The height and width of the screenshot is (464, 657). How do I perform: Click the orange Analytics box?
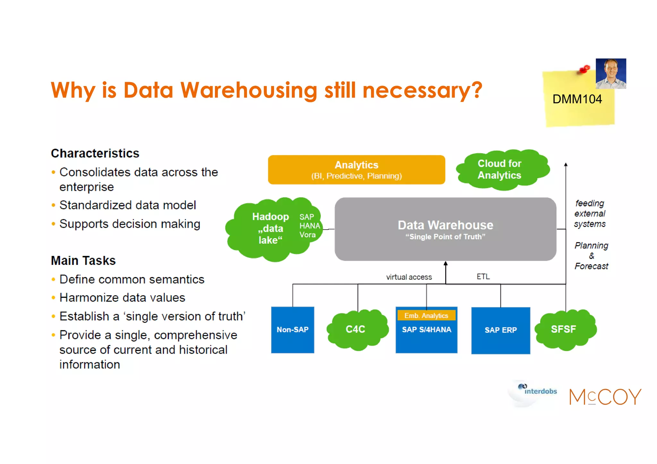(x=356, y=170)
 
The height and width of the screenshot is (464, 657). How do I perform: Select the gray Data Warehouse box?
(x=445, y=229)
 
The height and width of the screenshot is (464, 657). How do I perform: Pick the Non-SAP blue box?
(x=293, y=330)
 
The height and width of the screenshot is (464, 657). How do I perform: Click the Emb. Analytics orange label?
(x=426, y=316)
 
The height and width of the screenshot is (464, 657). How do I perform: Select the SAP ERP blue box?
(x=500, y=330)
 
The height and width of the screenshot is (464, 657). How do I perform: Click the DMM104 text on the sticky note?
(x=577, y=99)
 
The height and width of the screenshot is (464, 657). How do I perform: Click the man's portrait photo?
(x=611, y=73)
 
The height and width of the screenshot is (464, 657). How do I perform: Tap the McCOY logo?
(x=605, y=397)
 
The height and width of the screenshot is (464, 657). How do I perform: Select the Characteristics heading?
(x=95, y=153)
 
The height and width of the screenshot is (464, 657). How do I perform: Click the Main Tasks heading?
(x=83, y=260)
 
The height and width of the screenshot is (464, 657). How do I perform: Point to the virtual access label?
(x=409, y=277)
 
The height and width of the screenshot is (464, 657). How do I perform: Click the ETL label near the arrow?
(x=483, y=276)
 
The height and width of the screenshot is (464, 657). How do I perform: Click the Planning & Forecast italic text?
(x=591, y=256)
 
